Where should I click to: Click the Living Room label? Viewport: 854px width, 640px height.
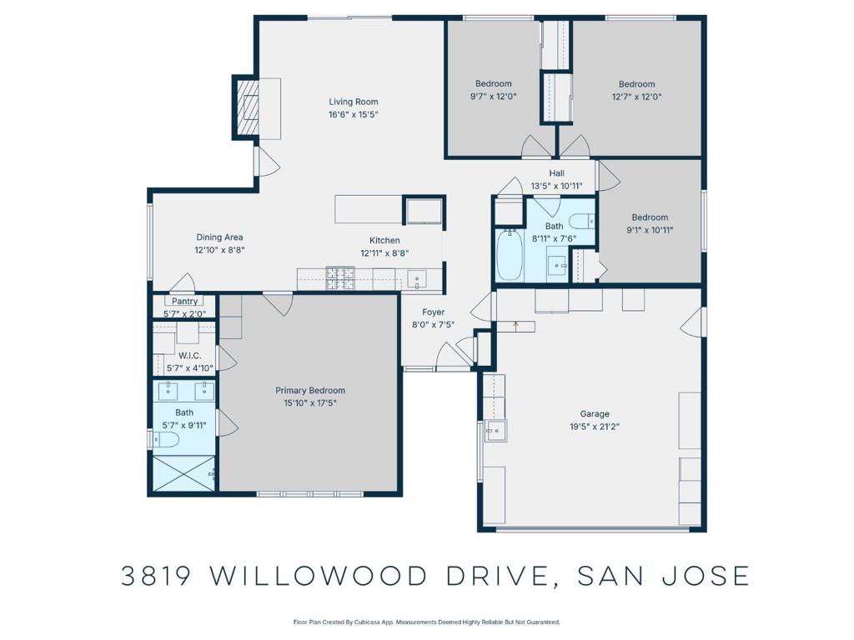(x=353, y=102)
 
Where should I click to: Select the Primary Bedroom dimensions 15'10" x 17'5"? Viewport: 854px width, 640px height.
(x=310, y=403)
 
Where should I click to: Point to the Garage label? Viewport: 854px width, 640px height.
(x=594, y=413)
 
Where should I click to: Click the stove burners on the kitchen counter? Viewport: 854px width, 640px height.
(x=340, y=278)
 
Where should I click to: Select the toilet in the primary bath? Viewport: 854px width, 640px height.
(x=165, y=438)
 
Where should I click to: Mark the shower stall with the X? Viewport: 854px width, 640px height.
(x=183, y=473)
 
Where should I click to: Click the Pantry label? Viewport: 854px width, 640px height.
(x=184, y=301)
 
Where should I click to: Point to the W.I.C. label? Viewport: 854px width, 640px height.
(x=189, y=355)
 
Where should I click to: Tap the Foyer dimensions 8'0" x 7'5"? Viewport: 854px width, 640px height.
(x=433, y=325)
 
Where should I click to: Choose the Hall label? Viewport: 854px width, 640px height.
(x=556, y=173)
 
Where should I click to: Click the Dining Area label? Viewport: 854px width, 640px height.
(x=219, y=237)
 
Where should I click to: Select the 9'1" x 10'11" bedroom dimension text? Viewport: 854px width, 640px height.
(x=650, y=230)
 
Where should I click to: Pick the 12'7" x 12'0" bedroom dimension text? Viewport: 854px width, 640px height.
(x=636, y=97)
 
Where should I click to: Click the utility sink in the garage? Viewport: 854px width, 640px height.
(x=495, y=431)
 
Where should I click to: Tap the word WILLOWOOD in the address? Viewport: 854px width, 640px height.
(x=318, y=576)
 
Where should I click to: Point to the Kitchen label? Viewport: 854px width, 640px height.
(x=384, y=240)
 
